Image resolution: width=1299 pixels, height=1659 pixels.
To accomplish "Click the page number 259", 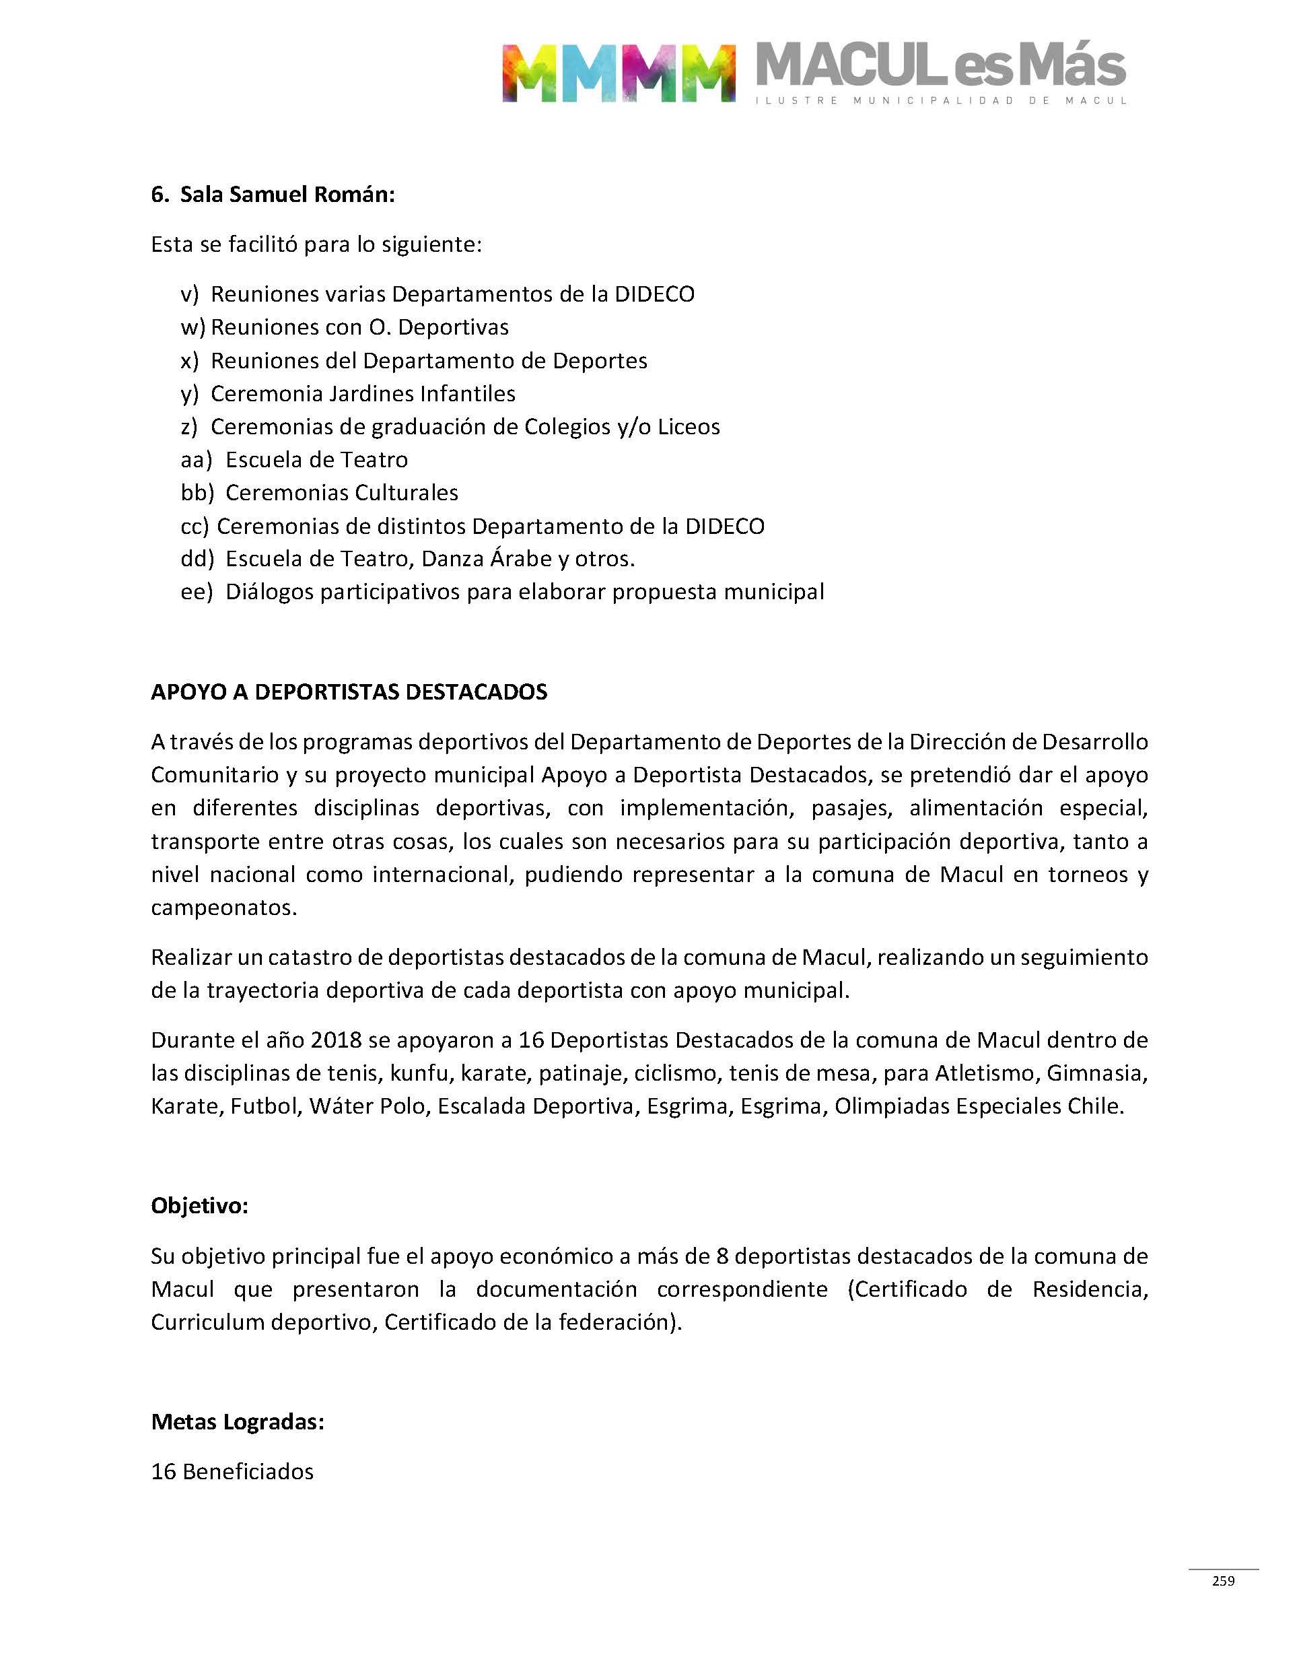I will tap(1223, 1581).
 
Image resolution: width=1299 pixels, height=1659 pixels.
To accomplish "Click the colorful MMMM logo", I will tap(619, 73).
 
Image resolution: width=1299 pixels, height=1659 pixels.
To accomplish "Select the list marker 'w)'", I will tap(192, 327).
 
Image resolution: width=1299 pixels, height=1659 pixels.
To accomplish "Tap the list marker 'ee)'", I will tap(197, 592).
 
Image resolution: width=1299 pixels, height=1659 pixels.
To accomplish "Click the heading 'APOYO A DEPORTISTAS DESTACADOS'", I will tap(349, 691).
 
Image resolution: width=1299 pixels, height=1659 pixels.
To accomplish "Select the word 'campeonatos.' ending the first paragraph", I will tap(223, 908).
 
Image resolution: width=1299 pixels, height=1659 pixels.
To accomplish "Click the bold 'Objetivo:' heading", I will tap(199, 1206).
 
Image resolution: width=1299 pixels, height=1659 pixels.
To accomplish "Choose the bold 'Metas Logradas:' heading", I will tap(238, 1422).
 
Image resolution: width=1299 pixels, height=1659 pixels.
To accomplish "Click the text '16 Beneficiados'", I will tap(232, 1472).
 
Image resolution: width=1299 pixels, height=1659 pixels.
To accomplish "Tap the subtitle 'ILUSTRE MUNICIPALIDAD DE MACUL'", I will tap(941, 100).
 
